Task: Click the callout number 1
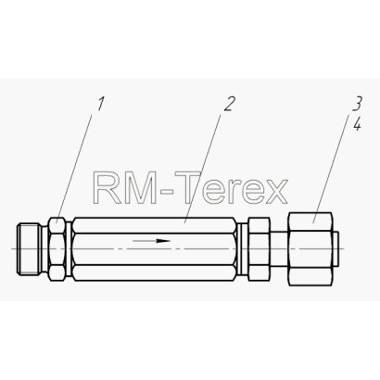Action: coord(100,104)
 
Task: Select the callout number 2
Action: coord(230,104)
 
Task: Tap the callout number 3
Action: coord(357,104)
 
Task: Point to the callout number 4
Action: coord(358,124)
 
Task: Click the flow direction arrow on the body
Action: coord(151,240)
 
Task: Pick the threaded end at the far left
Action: coord(30,249)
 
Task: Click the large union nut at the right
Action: coord(310,248)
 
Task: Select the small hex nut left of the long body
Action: coord(57,249)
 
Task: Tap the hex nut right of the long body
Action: coord(259,249)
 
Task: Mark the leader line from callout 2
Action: coord(202,168)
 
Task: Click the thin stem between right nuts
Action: coord(279,249)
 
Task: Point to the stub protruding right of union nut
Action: coord(336,249)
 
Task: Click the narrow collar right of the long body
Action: coord(243,249)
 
